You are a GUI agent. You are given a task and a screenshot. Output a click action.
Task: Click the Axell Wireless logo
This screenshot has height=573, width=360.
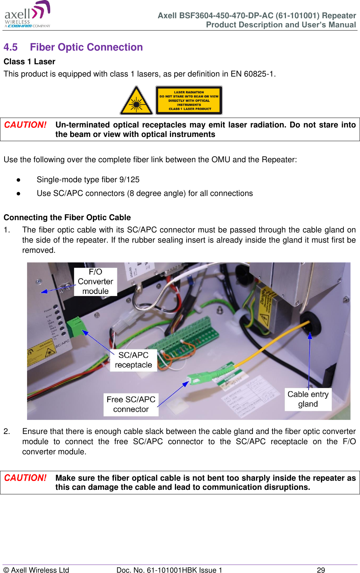click(x=27, y=15)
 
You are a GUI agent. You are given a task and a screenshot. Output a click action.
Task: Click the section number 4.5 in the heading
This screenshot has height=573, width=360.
click(x=11, y=47)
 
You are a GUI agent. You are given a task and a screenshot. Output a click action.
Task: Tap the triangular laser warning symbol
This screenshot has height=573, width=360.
click(x=136, y=101)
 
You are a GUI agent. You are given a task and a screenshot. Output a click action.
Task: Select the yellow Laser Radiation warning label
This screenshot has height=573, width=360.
click(x=189, y=100)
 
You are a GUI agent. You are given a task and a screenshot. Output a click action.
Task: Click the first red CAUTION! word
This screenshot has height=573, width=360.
click(x=25, y=125)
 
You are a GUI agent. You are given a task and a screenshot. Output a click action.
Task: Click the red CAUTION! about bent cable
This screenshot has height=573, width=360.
click(x=25, y=478)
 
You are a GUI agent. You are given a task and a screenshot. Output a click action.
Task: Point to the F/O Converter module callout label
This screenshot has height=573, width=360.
click(x=95, y=282)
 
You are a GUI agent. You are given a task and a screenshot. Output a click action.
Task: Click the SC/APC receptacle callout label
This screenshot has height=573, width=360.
click(x=133, y=360)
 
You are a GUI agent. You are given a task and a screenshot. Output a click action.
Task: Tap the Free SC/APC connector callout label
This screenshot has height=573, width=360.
click(x=131, y=404)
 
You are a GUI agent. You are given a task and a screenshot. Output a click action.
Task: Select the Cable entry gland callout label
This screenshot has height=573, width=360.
click(x=308, y=399)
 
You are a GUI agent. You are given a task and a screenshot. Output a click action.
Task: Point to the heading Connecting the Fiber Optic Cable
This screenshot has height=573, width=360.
click(x=67, y=218)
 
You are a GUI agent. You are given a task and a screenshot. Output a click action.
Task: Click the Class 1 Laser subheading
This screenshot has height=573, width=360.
click(x=30, y=62)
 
